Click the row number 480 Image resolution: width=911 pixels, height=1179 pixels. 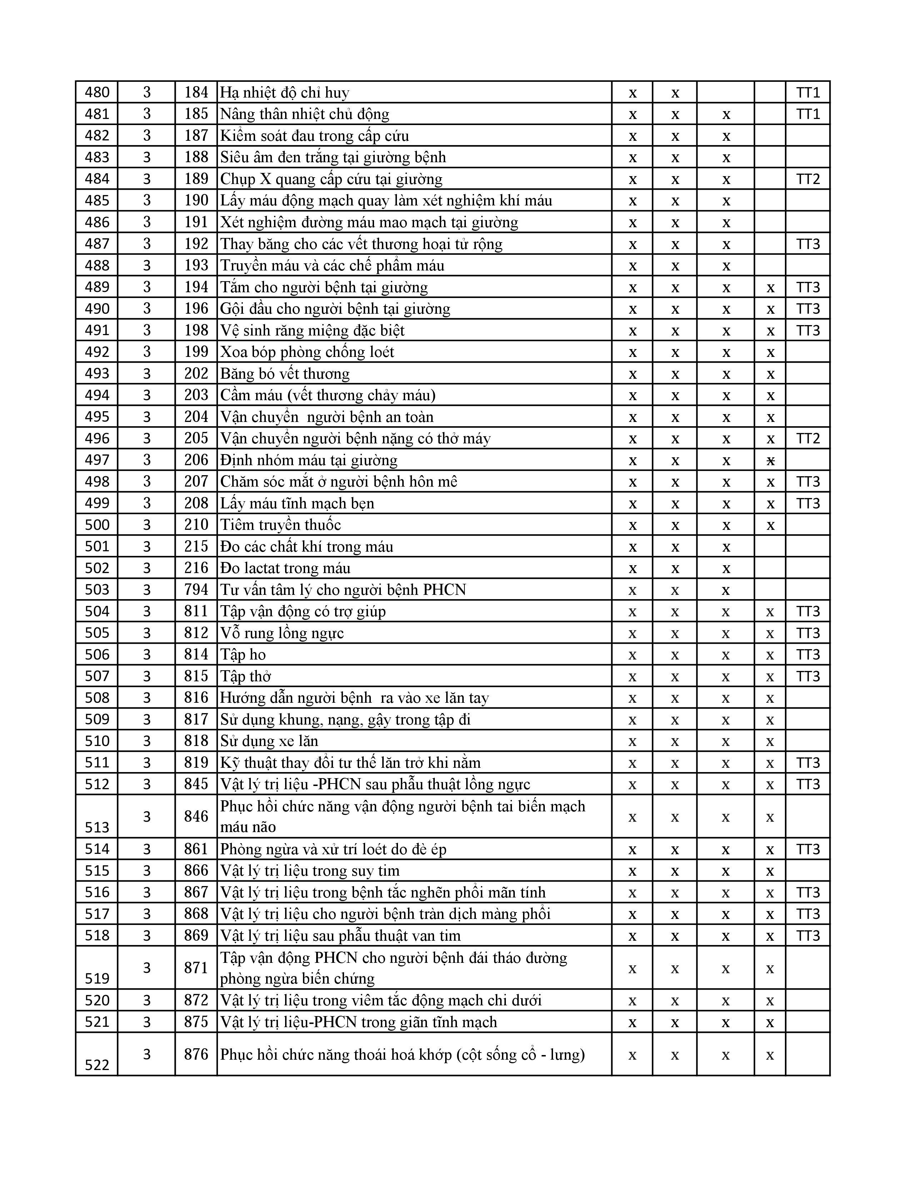coord(97,92)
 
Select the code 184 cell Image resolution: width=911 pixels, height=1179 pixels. coord(196,92)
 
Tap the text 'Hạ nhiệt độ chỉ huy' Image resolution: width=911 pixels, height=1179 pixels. coord(284,93)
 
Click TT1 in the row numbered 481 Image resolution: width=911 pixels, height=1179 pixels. coord(807,114)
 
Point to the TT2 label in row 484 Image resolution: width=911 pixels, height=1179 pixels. coord(807,179)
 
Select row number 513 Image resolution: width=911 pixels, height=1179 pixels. coord(97,827)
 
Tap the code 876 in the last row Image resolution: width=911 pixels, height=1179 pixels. coord(196,1054)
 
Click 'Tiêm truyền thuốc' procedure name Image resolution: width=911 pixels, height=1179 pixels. coord(281,525)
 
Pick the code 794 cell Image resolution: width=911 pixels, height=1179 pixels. coord(196,589)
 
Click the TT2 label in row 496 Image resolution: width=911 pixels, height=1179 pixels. coord(807,438)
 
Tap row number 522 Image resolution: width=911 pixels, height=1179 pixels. coord(97,1065)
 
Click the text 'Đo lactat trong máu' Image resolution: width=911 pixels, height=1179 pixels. coord(285,568)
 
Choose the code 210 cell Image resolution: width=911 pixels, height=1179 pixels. coord(196,525)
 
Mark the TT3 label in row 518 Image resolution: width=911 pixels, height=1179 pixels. coord(807,936)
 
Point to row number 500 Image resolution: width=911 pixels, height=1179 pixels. coord(97,525)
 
